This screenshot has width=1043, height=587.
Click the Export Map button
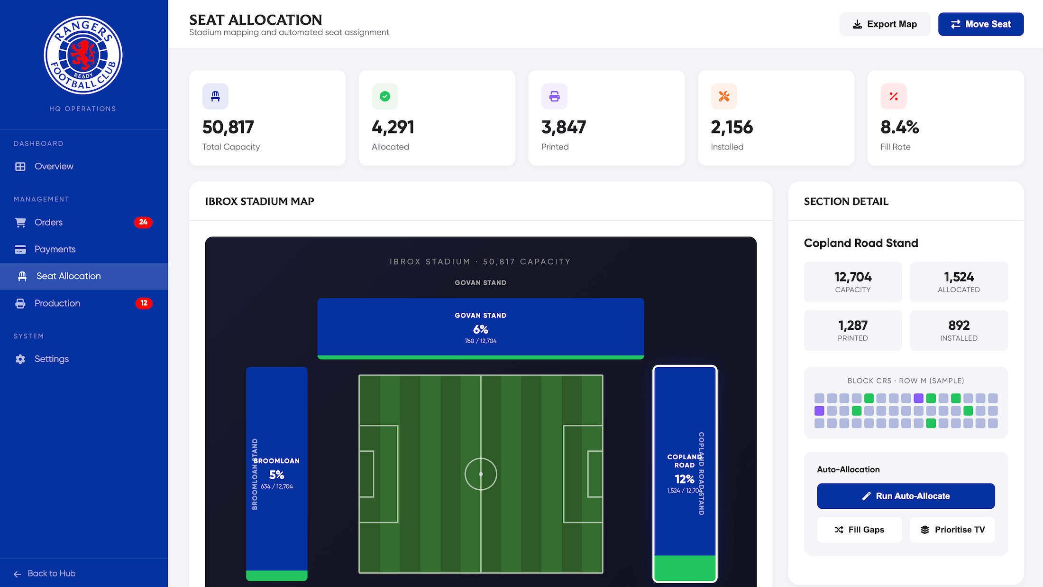pos(885,24)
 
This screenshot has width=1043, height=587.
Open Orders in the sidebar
pos(48,222)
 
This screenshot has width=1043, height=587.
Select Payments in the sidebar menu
pos(55,249)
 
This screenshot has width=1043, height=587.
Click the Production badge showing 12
pos(144,303)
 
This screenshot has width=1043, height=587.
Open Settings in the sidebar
pos(51,359)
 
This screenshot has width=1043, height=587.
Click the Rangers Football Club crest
pos(83,55)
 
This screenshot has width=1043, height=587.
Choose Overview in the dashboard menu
pos(54,167)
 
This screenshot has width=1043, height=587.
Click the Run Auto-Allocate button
pos(906,496)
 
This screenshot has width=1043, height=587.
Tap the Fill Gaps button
pos(859,530)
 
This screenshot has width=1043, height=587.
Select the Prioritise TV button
pos(952,530)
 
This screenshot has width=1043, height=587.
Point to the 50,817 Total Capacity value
pos(228,127)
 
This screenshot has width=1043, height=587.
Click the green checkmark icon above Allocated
pos(385,96)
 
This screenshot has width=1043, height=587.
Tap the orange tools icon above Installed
pos(724,96)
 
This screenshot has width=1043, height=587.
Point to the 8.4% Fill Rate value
pos(899,127)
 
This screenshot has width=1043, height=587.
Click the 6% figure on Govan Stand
pos(480,329)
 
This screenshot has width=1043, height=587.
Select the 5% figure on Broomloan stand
pos(276,475)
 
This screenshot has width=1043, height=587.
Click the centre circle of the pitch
pos(481,474)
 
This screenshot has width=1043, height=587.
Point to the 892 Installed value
pos(959,326)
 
